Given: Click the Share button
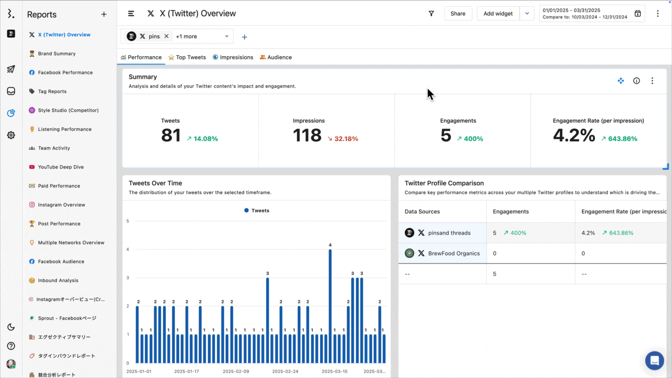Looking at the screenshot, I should (458, 14).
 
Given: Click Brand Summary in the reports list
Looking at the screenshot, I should (57, 54).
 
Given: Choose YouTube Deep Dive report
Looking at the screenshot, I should (60, 167).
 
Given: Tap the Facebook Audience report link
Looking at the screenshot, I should (61, 261).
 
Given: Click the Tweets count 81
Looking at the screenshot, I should (171, 135).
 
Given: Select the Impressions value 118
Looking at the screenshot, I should (307, 135).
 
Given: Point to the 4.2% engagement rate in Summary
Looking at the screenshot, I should (574, 135).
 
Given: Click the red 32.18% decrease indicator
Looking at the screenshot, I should (342, 139).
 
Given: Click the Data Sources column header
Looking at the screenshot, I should (422, 212).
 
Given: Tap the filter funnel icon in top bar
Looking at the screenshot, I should (431, 14).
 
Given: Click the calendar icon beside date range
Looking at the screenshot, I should (637, 14).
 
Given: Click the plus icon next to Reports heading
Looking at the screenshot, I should (104, 15).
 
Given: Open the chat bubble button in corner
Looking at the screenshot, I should (654, 361).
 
